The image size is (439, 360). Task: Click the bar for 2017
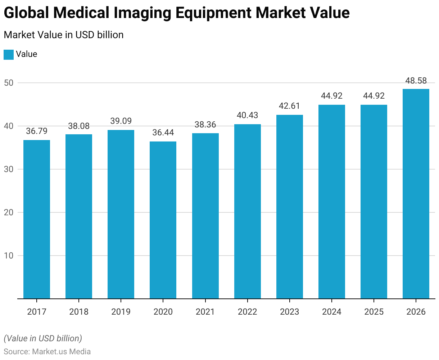click(37, 219)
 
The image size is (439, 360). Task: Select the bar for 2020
click(163, 220)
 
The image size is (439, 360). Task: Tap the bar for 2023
click(290, 207)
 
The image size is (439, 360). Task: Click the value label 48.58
click(416, 81)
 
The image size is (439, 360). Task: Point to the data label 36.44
click(163, 132)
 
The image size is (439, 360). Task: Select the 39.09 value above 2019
click(121, 121)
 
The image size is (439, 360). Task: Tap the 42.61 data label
click(290, 106)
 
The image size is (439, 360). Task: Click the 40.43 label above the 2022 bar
click(248, 115)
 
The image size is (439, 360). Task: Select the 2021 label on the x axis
click(205, 312)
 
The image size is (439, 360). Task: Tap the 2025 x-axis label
click(374, 312)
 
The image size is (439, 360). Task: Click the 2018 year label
click(79, 312)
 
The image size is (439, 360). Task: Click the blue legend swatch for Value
click(9, 55)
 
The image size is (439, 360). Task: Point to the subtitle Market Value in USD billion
click(64, 35)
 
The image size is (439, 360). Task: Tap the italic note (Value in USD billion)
click(43, 338)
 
